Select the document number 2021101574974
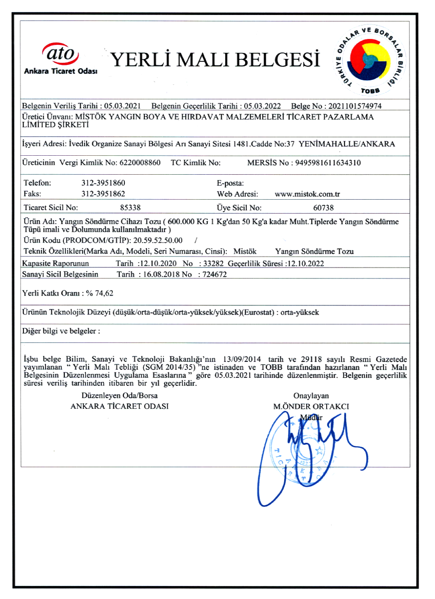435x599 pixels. click(357, 106)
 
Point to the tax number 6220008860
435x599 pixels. click(141, 163)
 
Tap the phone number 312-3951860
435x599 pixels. click(103, 183)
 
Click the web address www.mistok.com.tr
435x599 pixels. click(308, 194)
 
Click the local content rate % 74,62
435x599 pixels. click(99, 293)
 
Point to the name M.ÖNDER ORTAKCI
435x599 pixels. click(311, 406)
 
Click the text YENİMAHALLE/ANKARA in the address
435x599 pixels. click(347, 144)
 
